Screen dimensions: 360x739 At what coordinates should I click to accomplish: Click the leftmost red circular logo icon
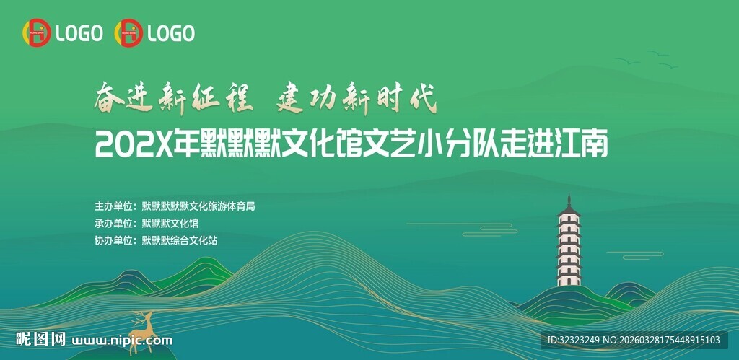coord(36,33)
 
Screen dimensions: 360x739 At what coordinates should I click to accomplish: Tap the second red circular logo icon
coord(128,33)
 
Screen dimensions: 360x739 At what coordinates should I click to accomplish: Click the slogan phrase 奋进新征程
coord(172,100)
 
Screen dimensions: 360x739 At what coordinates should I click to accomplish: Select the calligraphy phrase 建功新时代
coord(357,100)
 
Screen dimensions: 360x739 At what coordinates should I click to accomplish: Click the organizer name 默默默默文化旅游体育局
coord(198,206)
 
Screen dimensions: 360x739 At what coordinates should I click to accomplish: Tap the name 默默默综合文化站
coord(180,241)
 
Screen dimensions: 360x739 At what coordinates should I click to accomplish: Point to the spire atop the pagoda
coord(569,199)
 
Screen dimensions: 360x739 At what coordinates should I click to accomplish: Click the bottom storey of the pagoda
coord(569,278)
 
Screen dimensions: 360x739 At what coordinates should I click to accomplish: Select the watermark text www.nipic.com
coord(123,341)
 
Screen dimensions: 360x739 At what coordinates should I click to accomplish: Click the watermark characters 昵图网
coord(41,339)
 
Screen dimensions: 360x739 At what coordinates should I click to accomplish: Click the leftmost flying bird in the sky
coord(627,62)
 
